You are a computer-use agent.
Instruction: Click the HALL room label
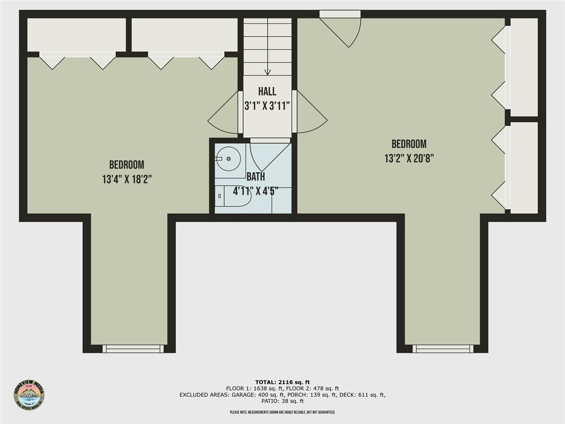pyautogui.click(x=267, y=91)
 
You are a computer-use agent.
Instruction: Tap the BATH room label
pyautogui.click(x=256, y=177)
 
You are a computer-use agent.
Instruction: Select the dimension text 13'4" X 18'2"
pyautogui.click(x=127, y=179)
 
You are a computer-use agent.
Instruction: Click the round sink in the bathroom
pyautogui.click(x=229, y=159)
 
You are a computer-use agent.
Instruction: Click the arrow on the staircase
pyautogui.click(x=267, y=72)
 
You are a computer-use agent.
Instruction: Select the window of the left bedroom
pyautogui.click(x=133, y=349)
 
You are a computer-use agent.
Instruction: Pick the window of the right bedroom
pyautogui.click(x=443, y=349)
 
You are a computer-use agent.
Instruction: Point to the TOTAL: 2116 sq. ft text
pyautogui.click(x=282, y=382)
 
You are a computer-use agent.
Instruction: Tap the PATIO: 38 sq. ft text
pyautogui.click(x=282, y=401)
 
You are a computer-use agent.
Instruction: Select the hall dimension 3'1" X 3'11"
pyautogui.click(x=267, y=106)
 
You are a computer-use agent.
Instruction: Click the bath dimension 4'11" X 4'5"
pyautogui.click(x=256, y=191)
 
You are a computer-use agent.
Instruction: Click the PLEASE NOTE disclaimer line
pyautogui.click(x=282, y=413)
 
